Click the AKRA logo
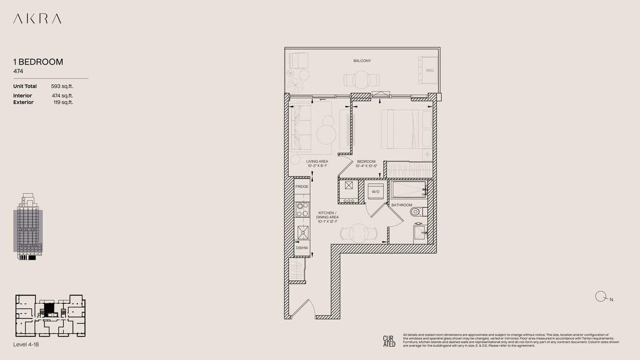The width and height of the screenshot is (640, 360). [37, 19]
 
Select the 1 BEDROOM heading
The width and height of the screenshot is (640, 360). [38, 62]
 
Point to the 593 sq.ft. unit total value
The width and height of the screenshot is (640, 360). [62, 86]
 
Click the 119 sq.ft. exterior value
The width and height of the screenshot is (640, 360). [63, 102]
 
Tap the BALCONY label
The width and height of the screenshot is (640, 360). [362, 60]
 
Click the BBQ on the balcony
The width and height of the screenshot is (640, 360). [428, 70]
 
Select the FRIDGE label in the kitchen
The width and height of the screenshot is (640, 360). [302, 187]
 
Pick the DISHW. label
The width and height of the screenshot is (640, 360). [302, 248]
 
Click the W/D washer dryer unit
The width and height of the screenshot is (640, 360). [375, 192]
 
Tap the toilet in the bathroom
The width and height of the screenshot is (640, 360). [418, 212]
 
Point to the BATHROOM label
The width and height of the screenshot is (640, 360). [402, 205]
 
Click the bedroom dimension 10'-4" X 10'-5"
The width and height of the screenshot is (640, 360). [366, 166]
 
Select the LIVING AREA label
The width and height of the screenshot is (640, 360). [317, 161]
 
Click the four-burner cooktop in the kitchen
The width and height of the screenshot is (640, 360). [302, 210]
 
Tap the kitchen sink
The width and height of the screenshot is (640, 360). [303, 232]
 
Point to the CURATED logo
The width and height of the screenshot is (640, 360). [389, 341]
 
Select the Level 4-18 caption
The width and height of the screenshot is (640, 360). [26, 345]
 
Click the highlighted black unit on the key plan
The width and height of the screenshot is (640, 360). [49, 308]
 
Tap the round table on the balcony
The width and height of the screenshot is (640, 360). [361, 80]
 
